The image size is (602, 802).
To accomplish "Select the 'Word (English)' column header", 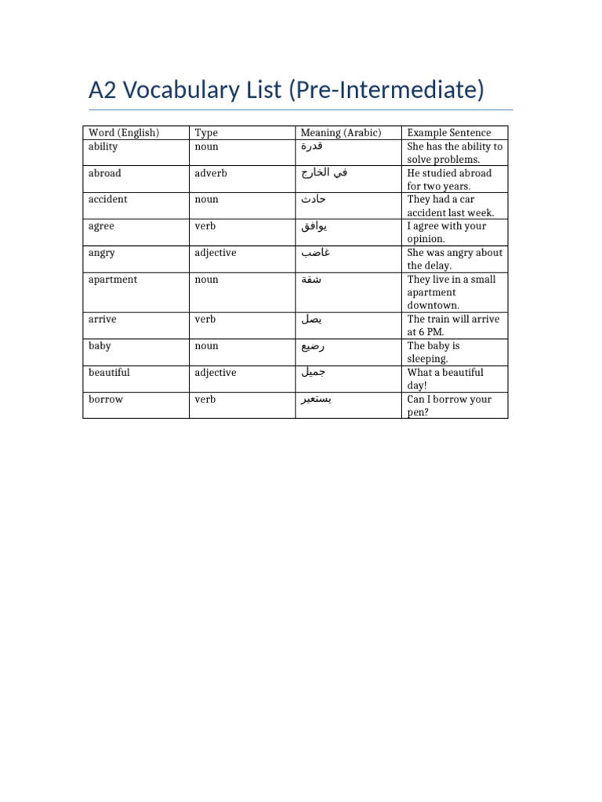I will click(124, 133).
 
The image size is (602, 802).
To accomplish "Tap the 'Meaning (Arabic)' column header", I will click(341, 133).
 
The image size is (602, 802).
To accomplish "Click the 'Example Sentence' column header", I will click(449, 133).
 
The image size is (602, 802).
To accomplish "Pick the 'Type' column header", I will click(206, 133).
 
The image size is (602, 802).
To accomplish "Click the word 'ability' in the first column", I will click(103, 146).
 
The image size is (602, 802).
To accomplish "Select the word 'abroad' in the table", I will click(105, 173).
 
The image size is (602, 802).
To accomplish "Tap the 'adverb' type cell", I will click(211, 173).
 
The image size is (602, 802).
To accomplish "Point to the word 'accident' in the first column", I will click(108, 200).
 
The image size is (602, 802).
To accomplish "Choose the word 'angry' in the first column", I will click(102, 253).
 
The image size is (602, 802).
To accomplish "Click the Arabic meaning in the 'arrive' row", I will click(310, 320).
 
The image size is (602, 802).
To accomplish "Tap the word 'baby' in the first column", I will click(100, 346).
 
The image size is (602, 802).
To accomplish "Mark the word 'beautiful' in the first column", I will click(109, 373).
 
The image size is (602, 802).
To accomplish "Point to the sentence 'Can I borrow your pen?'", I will click(449, 406).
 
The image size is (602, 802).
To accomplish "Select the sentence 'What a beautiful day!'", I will click(445, 379).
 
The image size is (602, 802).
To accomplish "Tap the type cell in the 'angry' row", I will click(215, 253).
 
